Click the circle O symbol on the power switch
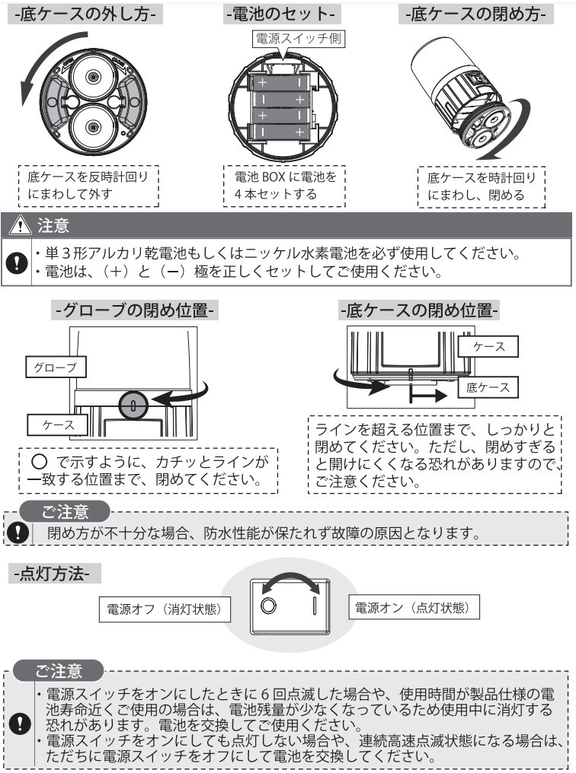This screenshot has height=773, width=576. point(267,606)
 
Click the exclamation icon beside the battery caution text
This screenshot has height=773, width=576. point(14,262)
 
